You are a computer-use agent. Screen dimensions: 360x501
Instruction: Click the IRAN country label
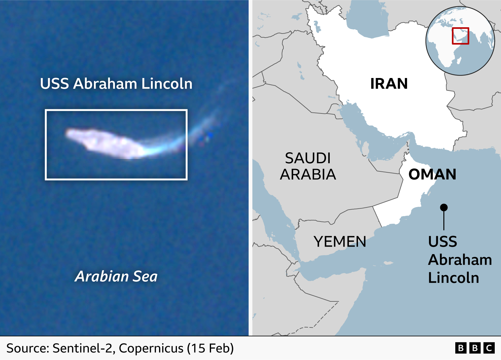[x=389, y=84]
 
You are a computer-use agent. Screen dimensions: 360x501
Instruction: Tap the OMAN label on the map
[x=432, y=174]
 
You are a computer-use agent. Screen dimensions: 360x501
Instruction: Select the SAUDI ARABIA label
[x=308, y=166]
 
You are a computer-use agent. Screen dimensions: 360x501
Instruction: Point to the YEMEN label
[x=340, y=242]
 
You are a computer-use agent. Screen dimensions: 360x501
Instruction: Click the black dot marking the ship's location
[x=444, y=207]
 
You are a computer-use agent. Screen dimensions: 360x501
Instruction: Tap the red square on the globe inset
[x=460, y=36]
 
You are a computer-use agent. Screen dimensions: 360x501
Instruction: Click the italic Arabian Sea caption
[x=116, y=276]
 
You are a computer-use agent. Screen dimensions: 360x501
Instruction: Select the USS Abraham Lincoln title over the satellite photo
[x=116, y=84]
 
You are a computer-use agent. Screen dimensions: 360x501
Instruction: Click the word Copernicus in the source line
[x=151, y=348]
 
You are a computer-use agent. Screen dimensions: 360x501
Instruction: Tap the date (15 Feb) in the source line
[x=210, y=348]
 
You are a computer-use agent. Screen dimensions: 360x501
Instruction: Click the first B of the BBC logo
[x=461, y=348]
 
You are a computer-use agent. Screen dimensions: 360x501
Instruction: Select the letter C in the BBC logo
[x=489, y=348]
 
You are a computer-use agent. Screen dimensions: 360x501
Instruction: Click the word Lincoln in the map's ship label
[x=453, y=278]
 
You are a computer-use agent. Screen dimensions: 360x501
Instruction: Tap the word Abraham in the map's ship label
[x=460, y=260]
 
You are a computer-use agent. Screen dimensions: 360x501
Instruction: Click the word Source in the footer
[x=27, y=348]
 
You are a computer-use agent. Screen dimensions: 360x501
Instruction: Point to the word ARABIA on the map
[x=308, y=175]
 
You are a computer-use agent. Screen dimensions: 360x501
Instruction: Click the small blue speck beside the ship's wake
[x=210, y=135]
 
